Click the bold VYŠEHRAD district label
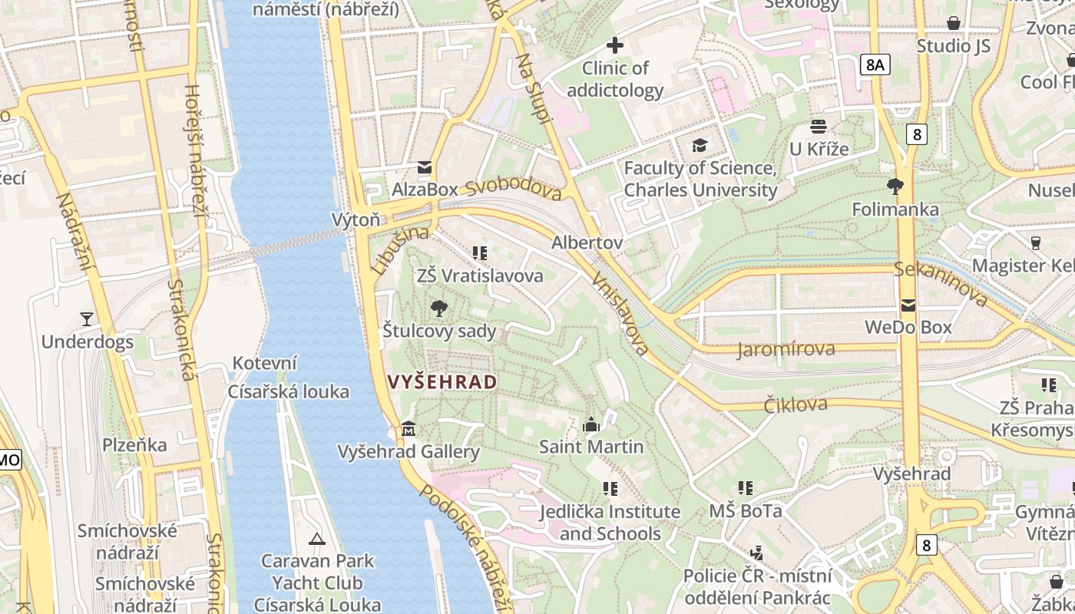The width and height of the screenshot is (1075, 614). pos(442,381)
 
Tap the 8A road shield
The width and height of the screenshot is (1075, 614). pos(875,64)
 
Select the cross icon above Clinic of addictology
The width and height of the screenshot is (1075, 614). pos(615,46)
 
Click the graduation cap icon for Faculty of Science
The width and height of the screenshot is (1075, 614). pos(700,145)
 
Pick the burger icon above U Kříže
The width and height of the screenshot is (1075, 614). pos(819,126)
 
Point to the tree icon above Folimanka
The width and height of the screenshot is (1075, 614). pos(895,186)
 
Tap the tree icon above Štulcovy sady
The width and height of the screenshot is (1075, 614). pos(439,309)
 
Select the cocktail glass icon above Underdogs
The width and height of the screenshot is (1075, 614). pos(87,319)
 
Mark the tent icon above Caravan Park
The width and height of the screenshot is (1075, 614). pos(316,539)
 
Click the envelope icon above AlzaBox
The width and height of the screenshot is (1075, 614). pos(425,167)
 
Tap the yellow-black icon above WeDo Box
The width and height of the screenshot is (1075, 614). pos(908,305)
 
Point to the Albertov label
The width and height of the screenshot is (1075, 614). pos(587,243)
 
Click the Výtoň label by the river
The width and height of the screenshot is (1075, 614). pos(356,220)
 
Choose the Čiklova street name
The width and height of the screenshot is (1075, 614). pos(795,404)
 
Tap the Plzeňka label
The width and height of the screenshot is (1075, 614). pos(135,445)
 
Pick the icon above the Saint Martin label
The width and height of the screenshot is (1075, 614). pos(591,424)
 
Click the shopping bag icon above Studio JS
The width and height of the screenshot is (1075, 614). pos(954,23)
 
